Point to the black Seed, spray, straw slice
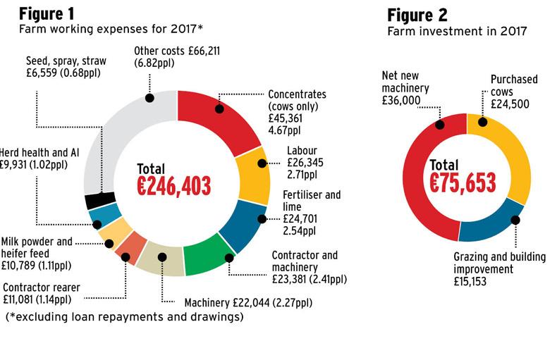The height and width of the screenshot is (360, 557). (97, 201)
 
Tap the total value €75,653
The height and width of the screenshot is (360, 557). (463, 182)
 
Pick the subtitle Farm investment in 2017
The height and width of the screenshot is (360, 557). (458, 31)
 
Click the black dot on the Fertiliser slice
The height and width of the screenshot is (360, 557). (262, 219)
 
